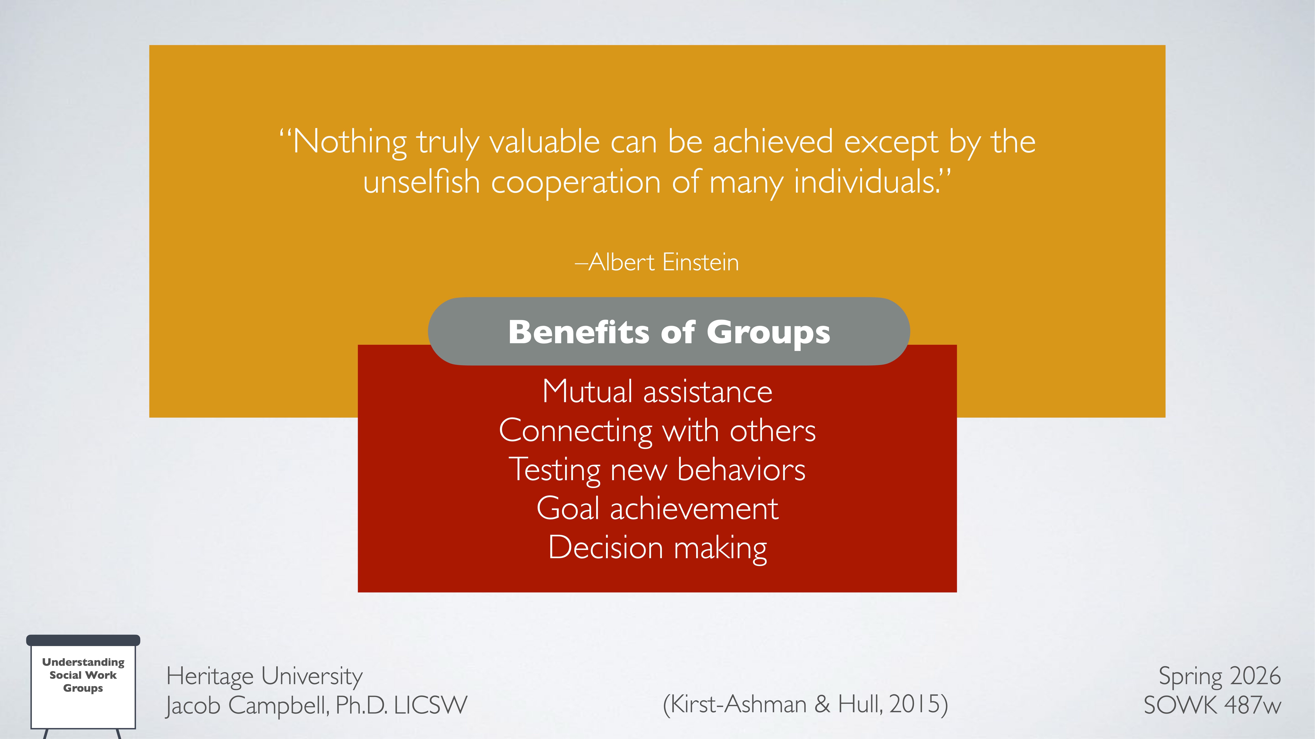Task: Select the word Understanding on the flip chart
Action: click(x=83, y=662)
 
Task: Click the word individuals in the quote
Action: click(x=865, y=183)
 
